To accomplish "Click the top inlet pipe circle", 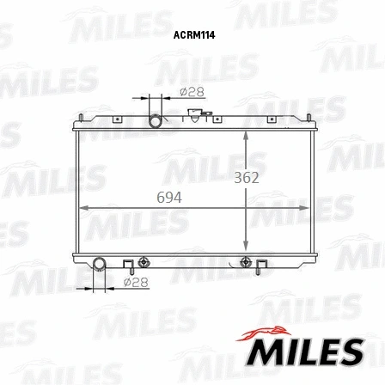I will point(156,121).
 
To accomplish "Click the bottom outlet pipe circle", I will point(99,262).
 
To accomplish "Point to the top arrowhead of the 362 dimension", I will point(247,134).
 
